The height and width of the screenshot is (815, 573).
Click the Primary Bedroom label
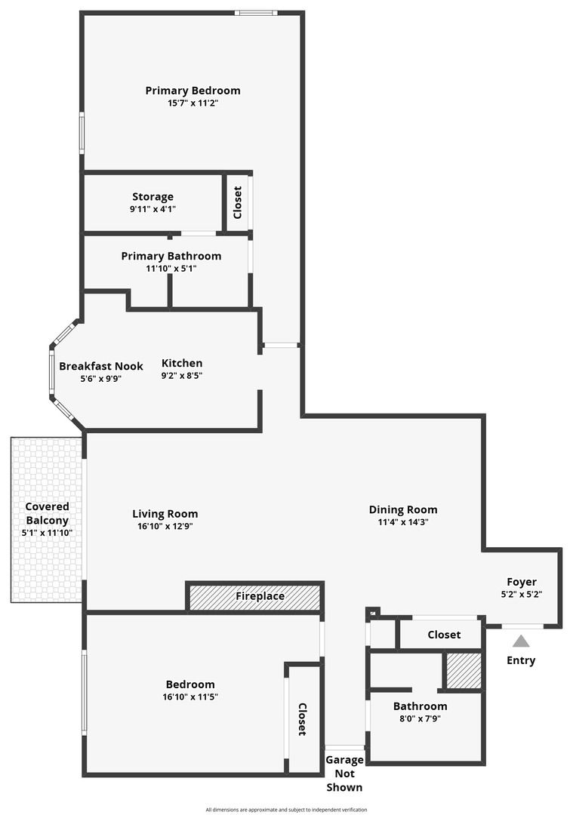point(193,91)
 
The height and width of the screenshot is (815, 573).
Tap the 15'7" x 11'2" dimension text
point(193,103)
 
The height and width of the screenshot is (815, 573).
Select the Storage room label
point(152,197)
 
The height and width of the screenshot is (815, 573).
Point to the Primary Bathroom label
point(171,256)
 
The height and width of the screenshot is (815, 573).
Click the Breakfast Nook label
point(101,366)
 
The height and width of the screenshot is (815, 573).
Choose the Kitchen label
point(182,363)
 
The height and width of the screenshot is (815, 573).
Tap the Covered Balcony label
point(48,513)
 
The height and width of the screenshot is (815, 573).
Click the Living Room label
point(165,514)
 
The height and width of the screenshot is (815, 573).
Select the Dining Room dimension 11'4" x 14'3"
point(403,522)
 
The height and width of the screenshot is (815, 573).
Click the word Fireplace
point(260,596)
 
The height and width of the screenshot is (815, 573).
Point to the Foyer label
point(522,582)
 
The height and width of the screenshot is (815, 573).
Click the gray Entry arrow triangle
point(521,641)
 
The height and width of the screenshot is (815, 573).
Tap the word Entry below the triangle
point(521,660)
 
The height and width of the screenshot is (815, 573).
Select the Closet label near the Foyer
point(444,635)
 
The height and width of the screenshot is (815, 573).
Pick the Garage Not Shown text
point(344,773)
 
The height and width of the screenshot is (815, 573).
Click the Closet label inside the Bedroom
point(302,719)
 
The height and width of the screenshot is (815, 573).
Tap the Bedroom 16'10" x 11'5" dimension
point(190,697)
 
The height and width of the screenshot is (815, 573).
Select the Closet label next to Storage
point(238,203)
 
